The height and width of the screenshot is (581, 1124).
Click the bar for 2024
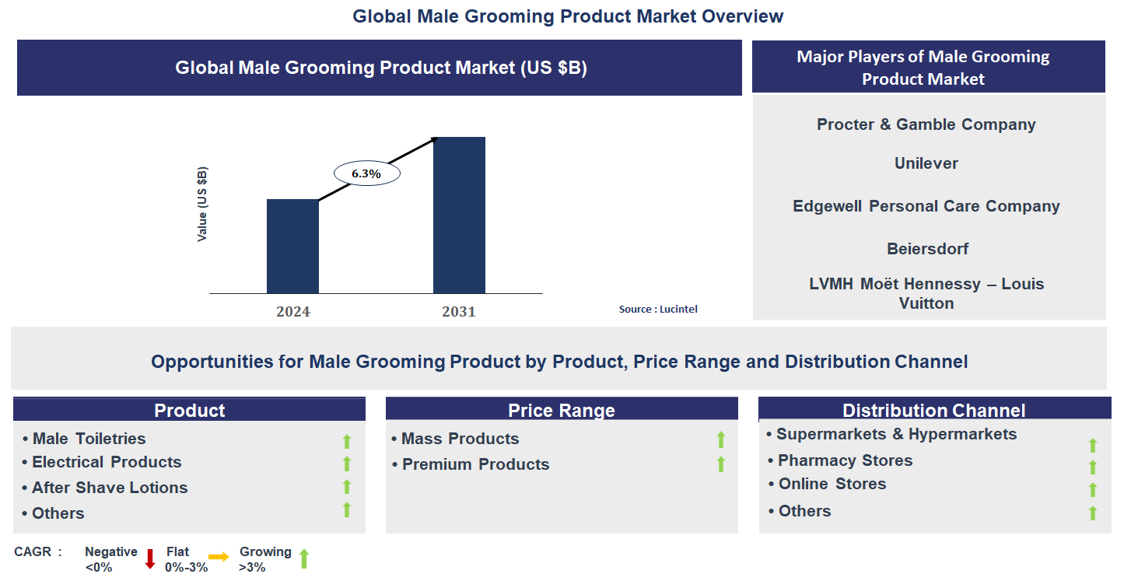pyautogui.click(x=292, y=246)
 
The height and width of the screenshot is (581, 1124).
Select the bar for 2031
pyautogui.click(x=459, y=215)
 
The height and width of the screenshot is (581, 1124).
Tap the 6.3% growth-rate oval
pyautogui.click(x=366, y=173)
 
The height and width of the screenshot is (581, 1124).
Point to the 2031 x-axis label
pyautogui.click(x=459, y=312)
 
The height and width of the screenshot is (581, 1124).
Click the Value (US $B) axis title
pyautogui.click(x=202, y=204)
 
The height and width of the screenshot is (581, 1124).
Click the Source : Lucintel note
pyautogui.click(x=658, y=309)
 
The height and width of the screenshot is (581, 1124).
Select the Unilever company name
pyautogui.click(x=926, y=163)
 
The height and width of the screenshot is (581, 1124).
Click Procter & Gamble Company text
pyautogui.click(x=926, y=124)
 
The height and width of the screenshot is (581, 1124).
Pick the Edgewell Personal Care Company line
pyautogui.click(x=926, y=206)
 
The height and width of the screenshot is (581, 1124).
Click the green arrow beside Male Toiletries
pyautogui.click(x=347, y=441)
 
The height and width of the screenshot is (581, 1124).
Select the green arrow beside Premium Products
pyautogui.click(x=720, y=464)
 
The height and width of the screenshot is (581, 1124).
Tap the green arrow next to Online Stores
pyautogui.click(x=1092, y=489)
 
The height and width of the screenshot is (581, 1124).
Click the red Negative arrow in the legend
pyautogui.click(x=150, y=558)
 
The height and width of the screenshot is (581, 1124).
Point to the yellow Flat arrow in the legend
pyautogui.click(x=219, y=557)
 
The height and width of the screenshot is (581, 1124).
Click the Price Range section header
pyautogui.click(x=561, y=410)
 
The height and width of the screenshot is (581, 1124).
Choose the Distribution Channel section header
pyautogui.click(x=933, y=410)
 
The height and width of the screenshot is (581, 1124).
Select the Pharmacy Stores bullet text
pyautogui.click(x=845, y=460)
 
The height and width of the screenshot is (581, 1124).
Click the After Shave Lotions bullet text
pyautogui.click(x=110, y=488)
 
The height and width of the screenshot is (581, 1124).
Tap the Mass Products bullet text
pyautogui.click(x=460, y=439)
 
